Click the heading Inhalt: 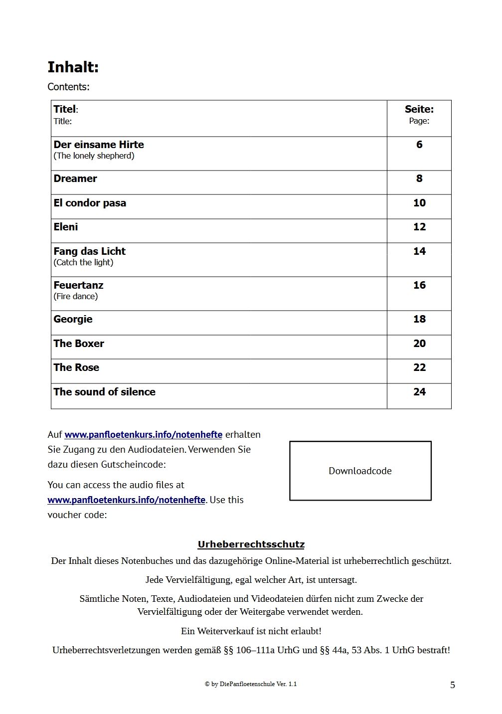click(x=73, y=67)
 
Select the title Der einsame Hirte click(x=99, y=145)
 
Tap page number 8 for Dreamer click(x=419, y=178)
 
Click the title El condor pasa click(x=90, y=203)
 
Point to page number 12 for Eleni click(x=419, y=227)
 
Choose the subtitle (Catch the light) click(x=83, y=263)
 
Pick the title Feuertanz click(x=78, y=285)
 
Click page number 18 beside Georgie click(x=419, y=319)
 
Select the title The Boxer click(x=79, y=344)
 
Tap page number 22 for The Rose click(x=419, y=367)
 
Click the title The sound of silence click(x=104, y=392)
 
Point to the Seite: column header click(x=419, y=109)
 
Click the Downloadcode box click(x=360, y=471)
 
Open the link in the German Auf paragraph click(x=143, y=435)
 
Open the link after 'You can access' click(x=126, y=500)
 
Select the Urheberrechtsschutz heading click(x=251, y=544)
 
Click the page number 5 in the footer click(x=453, y=685)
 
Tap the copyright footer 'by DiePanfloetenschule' click(x=251, y=684)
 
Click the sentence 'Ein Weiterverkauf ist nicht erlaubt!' click(x=251, y=631)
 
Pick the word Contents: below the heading click(x=68, y=87)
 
